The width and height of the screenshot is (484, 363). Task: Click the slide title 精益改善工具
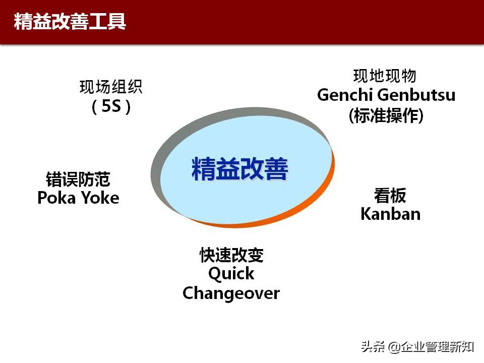(x=70, y=22)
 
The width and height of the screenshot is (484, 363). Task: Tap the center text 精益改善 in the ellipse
(x=239, y=169)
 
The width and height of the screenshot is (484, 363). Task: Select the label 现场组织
(x=111, y=87)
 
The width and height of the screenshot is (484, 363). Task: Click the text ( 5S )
(x=111, y=107)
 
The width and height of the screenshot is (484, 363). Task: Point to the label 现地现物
(x=385, y=76)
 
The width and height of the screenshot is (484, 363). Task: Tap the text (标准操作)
(x=386, y=115)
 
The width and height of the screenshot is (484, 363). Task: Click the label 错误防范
(x=78, y=179)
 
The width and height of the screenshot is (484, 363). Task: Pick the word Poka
(x=56, y=198)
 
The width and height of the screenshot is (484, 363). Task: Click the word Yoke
(x=100, y=198)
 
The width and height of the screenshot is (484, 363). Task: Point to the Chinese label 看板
(x=390, y=195)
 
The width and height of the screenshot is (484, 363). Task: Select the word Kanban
(x=390, y=214)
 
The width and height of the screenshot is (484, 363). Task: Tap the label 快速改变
(x=231, y=255)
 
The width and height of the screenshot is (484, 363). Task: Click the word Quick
(x=231, y=274)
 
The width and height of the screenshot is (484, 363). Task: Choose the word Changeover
(x=231, y=293)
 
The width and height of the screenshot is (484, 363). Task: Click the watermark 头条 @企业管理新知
(x=416, y=347)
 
